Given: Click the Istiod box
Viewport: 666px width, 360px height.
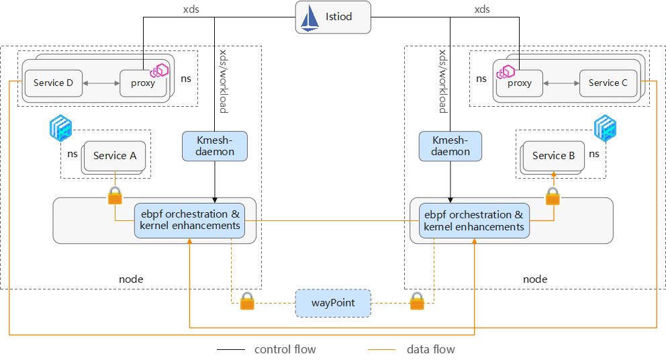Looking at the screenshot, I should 333,17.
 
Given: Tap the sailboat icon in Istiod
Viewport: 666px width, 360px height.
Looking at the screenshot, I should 310,17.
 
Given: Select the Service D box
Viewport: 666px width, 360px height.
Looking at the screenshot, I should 53,83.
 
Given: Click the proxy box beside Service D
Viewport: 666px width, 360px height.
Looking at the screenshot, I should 143,83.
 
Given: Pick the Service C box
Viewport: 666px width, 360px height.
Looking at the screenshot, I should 608,83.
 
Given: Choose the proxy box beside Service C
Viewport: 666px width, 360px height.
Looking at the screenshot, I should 519,83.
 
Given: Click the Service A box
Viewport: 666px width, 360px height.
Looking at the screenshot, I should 114,156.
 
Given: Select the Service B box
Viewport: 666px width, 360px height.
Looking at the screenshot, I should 553,156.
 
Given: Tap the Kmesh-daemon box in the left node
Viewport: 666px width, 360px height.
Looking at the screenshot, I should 215,146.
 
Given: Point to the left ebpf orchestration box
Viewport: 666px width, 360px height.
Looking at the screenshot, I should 190,220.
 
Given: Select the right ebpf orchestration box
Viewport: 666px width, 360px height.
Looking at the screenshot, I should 474,220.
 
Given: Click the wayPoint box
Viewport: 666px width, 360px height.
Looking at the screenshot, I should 333,304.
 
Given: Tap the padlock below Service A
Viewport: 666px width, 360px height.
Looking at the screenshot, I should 115,196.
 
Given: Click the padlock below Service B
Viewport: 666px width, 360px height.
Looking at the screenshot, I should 553,196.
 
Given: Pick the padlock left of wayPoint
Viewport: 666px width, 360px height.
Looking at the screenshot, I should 247,301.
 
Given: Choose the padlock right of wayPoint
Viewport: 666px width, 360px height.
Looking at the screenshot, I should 417,301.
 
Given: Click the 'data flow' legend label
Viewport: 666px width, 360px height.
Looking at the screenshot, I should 430,349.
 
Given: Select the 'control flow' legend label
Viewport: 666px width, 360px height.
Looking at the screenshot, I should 285,349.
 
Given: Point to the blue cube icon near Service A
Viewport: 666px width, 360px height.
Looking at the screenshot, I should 60,128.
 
